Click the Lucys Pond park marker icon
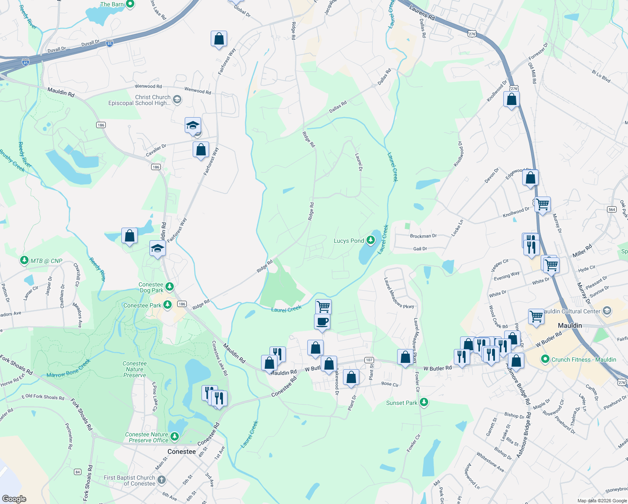click(x=370, y=240)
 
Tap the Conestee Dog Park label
click(x=151, y=287)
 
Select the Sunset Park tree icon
click(x=424, y=403)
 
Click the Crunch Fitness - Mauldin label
click(x=584, y=360)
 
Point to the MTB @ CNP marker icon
click(x=24, y=261)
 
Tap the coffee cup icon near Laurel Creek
click(x=322, y=322)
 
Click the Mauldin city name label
click(x=570, y=325)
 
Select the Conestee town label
click(x=181, y=451)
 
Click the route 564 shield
click(x=612, y=209)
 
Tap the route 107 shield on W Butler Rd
click(x=369, y=360)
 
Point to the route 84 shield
click(x=78, y=472)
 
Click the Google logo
click(x=14, y=499)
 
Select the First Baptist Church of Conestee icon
click(x=162, y=480)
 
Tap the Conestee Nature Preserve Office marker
click(x=174, y=437)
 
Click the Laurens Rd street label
click(x=422, y=13)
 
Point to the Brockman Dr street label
click(x=423, y=236)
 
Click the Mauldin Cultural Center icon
click(x=607, y=311)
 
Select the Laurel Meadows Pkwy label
click(x=399, y=293)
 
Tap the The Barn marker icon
click(x=130, y=4)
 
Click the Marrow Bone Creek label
click(x=68, y=368)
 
